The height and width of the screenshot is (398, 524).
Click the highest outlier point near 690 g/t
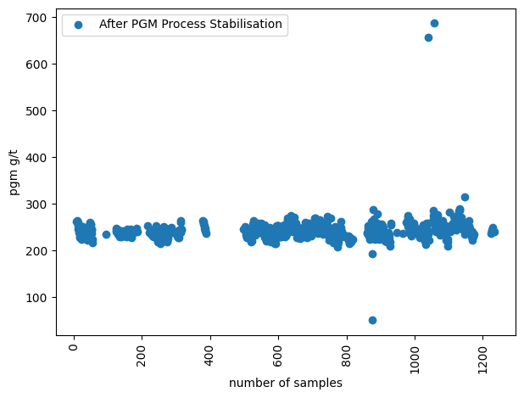(x=434, y=23)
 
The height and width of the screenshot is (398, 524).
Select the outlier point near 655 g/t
(x=428, y=37)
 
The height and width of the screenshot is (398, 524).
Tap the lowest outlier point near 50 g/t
(x=372, y=320)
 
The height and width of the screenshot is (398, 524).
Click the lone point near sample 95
(x=106, y=234)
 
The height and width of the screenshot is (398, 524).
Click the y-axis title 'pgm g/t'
(x=14, y=177)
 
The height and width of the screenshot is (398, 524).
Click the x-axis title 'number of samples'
(x=286, y=384)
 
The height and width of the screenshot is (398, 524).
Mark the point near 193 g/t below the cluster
(x=372, y=254)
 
